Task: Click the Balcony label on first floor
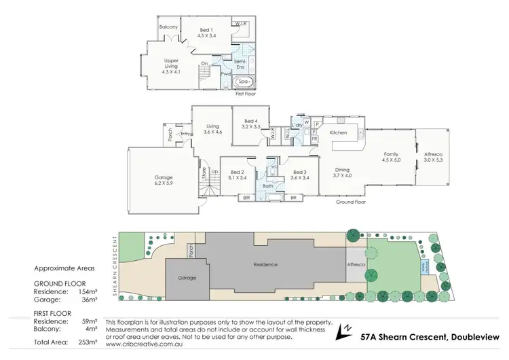click(168, 27)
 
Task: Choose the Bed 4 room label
click(250, 122)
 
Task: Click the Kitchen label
click(338, 133)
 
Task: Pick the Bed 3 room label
click(300, 175)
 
